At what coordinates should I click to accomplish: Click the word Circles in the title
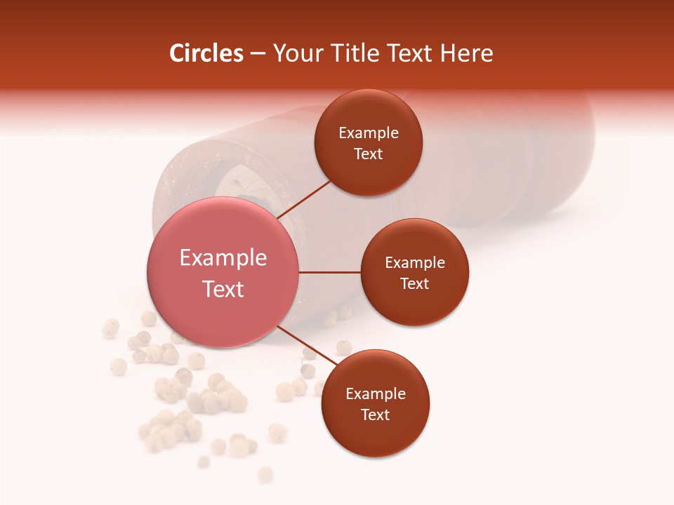[x=206, y=53]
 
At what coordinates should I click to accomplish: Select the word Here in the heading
[x=467, y=53]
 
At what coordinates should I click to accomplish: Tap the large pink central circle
[x=223, y=272]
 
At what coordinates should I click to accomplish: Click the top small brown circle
[x=368, y=142]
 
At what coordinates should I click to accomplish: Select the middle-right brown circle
[x=414, y=272]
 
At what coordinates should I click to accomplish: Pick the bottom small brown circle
[x=375, y=403]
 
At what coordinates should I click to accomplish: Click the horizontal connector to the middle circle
[x=329, y=272]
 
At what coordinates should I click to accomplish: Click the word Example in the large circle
[x=223, y=257]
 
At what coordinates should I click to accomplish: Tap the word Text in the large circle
[x=223, y=289]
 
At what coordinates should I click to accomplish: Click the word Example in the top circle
[x=368, y=133]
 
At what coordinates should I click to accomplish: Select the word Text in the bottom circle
[x=375, y=415]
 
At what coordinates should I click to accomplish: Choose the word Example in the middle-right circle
[x=414, y=262]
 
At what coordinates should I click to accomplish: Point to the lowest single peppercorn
[x=265, y=475]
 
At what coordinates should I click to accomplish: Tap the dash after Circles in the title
[x=257, y=54]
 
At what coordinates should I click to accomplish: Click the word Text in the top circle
[x=368, y=154]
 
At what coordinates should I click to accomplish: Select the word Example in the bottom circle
[x=375, y=393]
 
